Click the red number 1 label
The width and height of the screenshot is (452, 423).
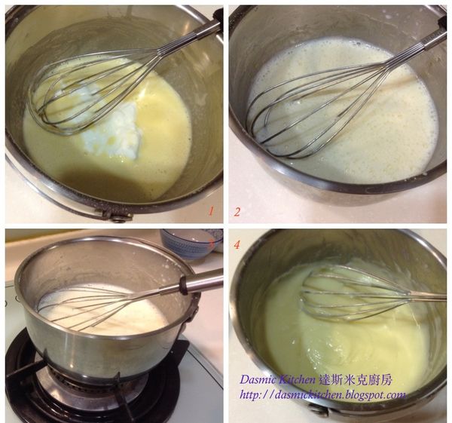click(212, 212)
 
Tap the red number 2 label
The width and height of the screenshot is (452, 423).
click(237, 212)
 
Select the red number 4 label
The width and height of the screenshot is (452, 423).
click(236, 244)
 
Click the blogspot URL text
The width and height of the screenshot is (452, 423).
click(323, 394)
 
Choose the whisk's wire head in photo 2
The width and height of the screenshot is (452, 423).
click(316, 106)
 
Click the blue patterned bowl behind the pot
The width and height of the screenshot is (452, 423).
click(188, 243)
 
